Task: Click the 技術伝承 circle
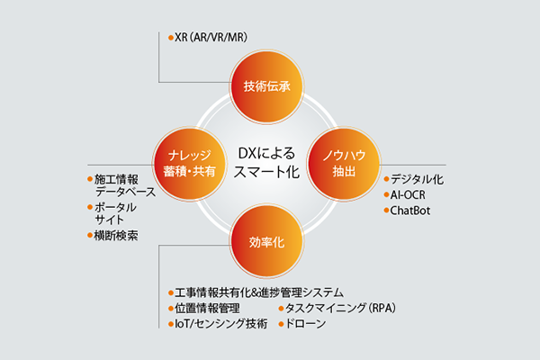(x=266, y=86)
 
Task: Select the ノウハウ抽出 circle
(x=344, y=164)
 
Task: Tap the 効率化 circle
(x=266, y=241)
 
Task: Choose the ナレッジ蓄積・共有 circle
(x=189, y=164)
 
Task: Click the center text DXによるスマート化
(x=266, y=163)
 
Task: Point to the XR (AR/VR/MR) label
(x=211, y=37)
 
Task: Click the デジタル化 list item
(x=417, y=179)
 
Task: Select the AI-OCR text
(x=408, y=195)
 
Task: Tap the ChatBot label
(x=409, y=211)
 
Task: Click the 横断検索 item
(x=116, y=236)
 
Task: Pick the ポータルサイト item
(x=115, y=213)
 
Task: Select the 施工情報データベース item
(x=125, y=185)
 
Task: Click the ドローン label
(x=306, y=323)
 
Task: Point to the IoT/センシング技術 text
(x=221, y=323)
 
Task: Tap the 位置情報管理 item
(x=207, y=308)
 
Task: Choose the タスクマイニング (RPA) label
(x=340, y=308)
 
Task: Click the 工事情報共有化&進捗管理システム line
(x=259, y=292)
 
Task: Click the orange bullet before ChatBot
(x=386, y=210)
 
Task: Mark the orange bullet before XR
(x=171, y=38)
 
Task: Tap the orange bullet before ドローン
(x=282, y=324)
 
